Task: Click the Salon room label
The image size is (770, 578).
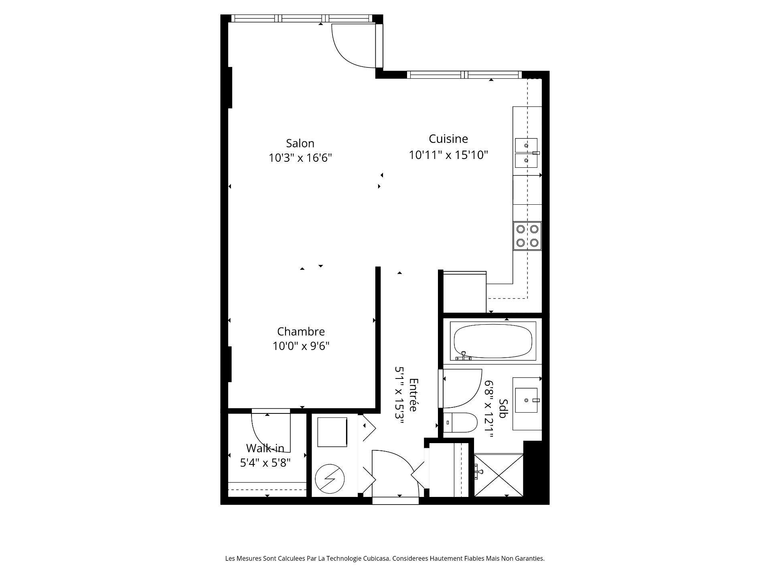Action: coord(300,143)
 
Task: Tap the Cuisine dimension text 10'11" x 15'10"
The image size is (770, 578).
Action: coord(448,155)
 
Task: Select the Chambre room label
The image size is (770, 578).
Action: coord(301,332)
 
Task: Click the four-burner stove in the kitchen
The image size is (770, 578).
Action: coord(527,236)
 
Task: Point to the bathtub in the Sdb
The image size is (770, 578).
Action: coord(492,341)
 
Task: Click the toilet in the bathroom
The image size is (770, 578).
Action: coord(460,423)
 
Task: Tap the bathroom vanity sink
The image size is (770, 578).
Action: coord(526,400)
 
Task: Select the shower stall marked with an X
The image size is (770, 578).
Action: coord(498,475)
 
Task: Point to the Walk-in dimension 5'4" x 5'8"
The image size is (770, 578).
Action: coord(265,463)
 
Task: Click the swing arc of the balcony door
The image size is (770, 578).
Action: coord(353,48)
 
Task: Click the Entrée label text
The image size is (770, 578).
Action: coord(413,395)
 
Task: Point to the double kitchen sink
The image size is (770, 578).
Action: coord(526,153)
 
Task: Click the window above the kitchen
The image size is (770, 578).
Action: coord(464,75)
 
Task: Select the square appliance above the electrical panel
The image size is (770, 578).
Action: coord(332,432)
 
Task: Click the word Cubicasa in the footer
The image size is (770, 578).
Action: coord(377,558)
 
